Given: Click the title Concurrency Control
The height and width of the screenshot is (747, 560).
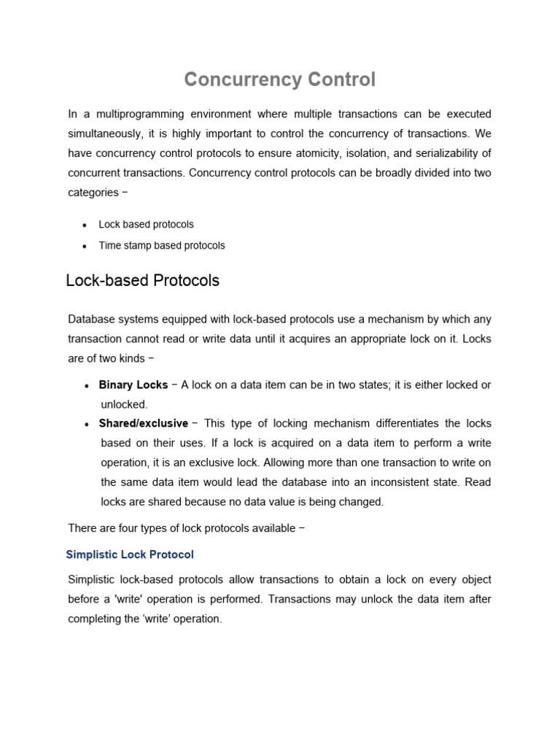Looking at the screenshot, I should (x=279, y=80).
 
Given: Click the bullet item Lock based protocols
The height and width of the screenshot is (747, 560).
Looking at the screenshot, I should (x=146, y=225).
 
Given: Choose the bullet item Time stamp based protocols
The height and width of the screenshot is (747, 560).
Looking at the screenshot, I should (x=162, y=246).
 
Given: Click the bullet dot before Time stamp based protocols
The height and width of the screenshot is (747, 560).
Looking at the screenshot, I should (x=85, y=247).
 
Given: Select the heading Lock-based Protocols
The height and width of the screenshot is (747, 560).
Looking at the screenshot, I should (x=142, y=281).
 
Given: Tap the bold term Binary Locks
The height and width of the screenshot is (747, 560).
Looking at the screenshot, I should (x=133, y=385).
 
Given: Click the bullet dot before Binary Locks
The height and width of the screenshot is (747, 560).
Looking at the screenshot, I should (x=87, y=386).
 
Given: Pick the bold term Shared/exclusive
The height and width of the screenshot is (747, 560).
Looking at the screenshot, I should (x=144, y=424).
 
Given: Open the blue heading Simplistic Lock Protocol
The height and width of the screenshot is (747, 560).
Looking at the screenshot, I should (x=130, y=555).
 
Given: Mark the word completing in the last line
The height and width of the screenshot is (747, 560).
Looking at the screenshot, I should (x=97, y=619).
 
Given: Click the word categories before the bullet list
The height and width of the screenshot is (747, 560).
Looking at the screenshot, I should (x=93, y=193).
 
